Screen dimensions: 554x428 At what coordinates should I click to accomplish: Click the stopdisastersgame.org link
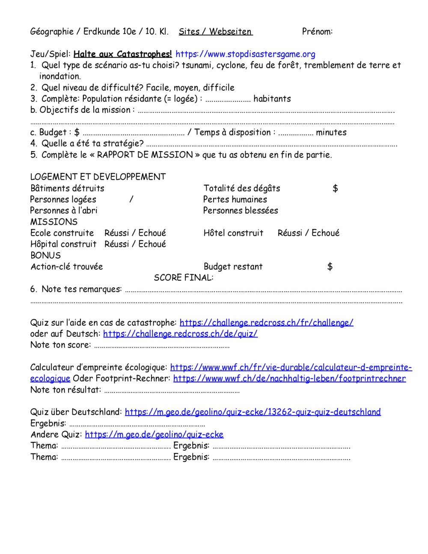point(245,54)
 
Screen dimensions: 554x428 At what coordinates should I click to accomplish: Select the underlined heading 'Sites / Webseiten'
point(216,31)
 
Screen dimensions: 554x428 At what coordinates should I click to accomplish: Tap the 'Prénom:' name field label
point(317,31)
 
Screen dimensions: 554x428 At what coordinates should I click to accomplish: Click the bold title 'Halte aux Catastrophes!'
point(122,54)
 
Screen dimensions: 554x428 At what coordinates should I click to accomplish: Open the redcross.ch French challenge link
point(266,322)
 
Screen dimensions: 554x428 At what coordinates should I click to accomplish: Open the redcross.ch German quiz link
point(180,334)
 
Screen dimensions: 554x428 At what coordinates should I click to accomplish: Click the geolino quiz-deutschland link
point(253,412)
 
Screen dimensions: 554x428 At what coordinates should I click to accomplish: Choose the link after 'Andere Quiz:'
point(154,434)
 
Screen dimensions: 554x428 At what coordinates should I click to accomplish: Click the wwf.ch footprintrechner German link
point(289,378)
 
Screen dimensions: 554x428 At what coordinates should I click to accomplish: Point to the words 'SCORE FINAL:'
point(184,277)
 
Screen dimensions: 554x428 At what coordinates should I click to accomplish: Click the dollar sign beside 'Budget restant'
point(330,267)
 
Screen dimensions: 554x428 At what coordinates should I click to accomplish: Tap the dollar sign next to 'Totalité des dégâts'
point(335,188)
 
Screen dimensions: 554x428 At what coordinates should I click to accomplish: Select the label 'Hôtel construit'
point(233,233)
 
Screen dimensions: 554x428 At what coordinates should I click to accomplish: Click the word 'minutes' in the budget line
point(331,132)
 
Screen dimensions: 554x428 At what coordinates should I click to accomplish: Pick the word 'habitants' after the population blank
point(272,99)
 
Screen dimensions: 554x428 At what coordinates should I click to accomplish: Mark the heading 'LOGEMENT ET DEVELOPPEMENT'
point(98,177)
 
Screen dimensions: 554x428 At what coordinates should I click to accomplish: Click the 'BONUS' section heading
point(45,255)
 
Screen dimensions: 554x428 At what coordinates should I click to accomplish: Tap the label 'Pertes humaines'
point(235,200)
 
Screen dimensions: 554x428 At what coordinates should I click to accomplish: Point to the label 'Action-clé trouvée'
point(67,266)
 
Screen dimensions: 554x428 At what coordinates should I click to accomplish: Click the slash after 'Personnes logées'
point(131,200)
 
